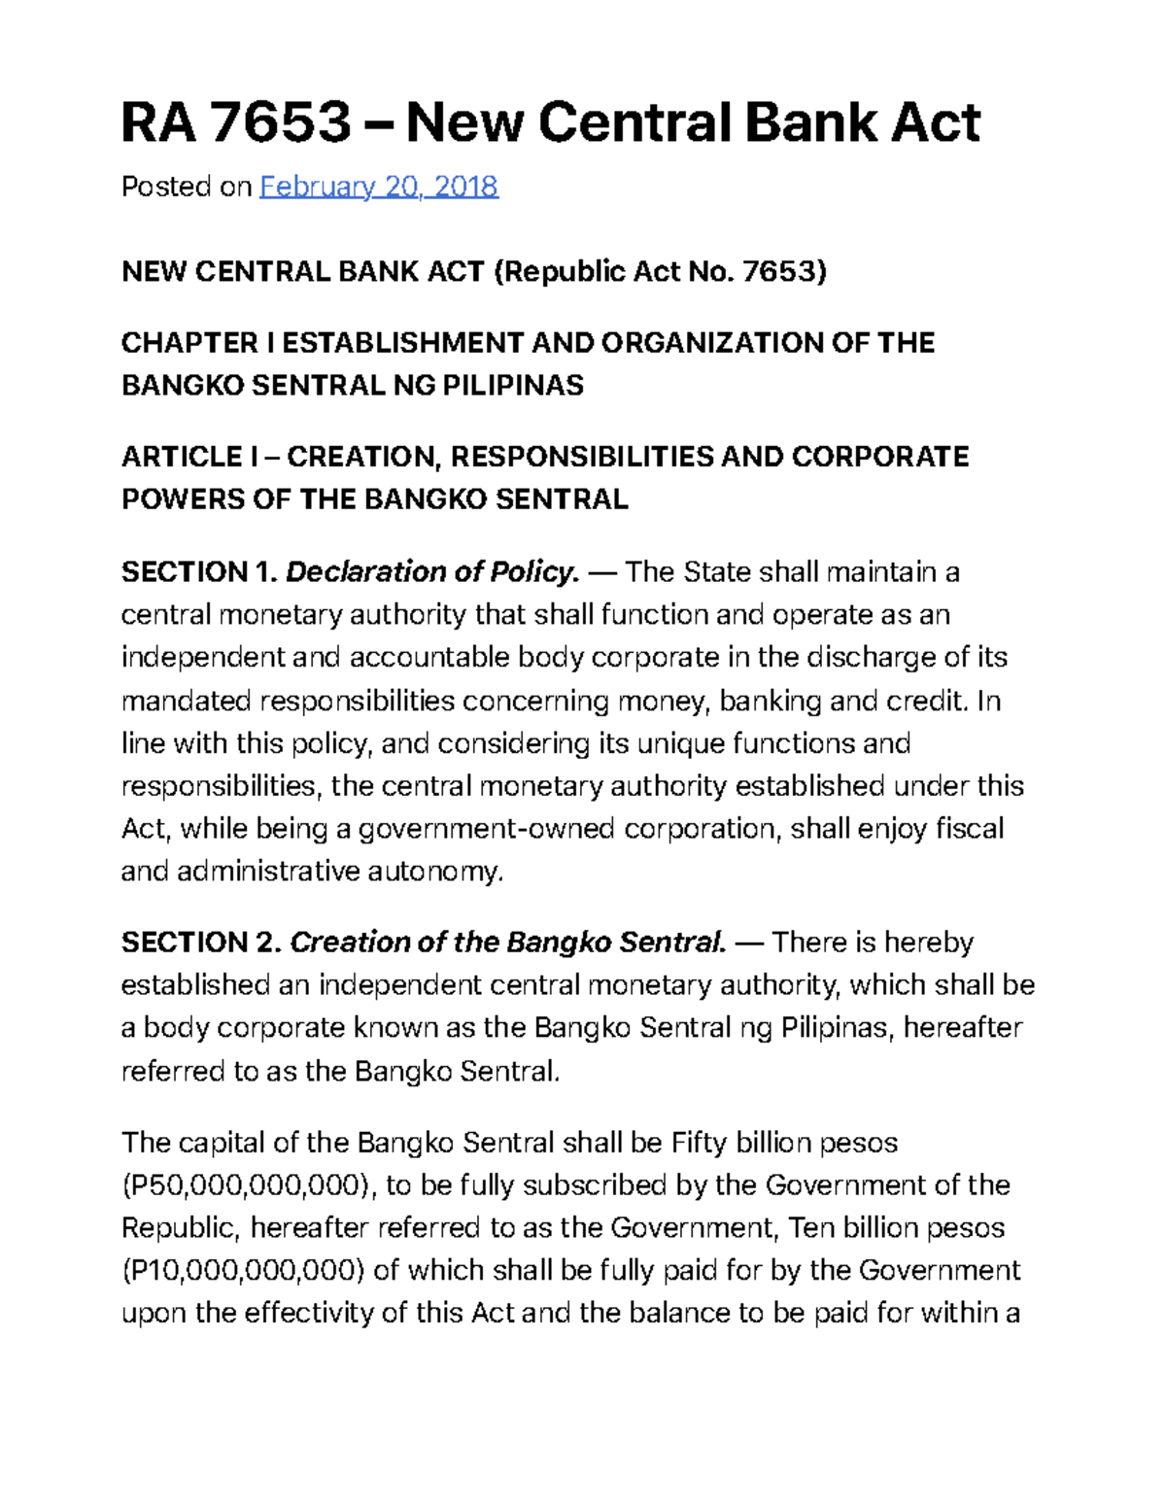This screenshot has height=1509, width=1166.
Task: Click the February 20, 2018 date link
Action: pos(379,187)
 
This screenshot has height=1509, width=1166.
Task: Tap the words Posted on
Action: pos(186,187)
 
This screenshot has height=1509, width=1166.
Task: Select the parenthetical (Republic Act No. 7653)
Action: pos(661,271)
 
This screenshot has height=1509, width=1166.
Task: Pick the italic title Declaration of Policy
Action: pos(432,571)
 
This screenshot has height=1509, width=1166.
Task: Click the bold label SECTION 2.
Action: pos(200,943)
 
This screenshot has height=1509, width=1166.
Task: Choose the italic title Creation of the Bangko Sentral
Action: pos(508,943)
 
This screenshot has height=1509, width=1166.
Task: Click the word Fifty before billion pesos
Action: pos(699,1143)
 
